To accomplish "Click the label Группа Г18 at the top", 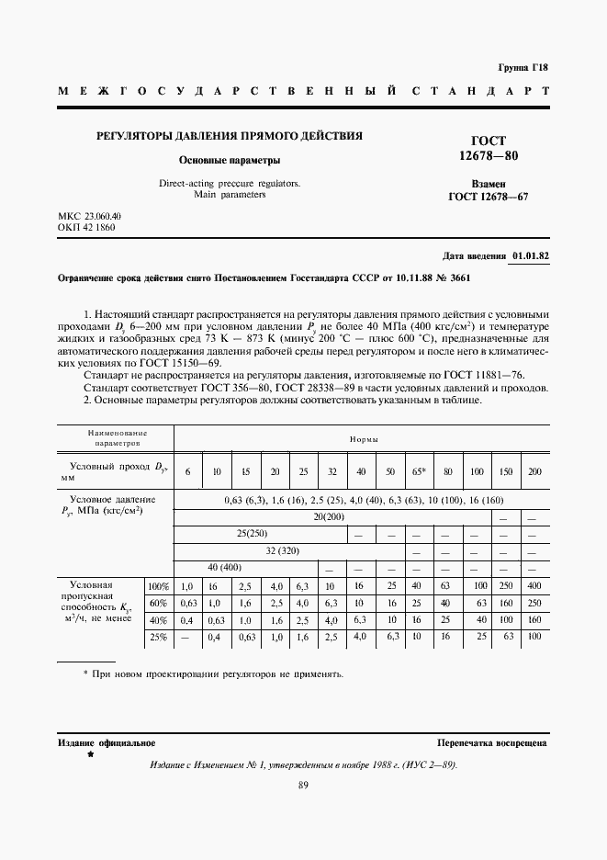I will pyautogui.click(x=523, y=67).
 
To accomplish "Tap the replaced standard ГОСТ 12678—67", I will pyautogui.click(x=489, y=197).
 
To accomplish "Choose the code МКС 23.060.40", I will pyautogui.click(x=90, y=216).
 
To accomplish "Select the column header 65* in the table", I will pyautogui.click(x=419, y=471).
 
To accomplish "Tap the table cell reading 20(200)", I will pyautogui.click(x=348, y=517).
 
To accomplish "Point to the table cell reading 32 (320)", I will pyautogui.click(x=289, y=551).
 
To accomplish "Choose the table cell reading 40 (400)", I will pyautogui.click(x=224, y=568).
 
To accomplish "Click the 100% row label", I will pyautogui.click(x=159, y=585).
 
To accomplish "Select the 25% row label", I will pyautogui.click(x=159, y=636).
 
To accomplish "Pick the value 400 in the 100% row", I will pyautogui.click(x=534, y=585).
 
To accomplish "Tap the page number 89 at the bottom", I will pyautogui.click(x=303, y=785).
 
